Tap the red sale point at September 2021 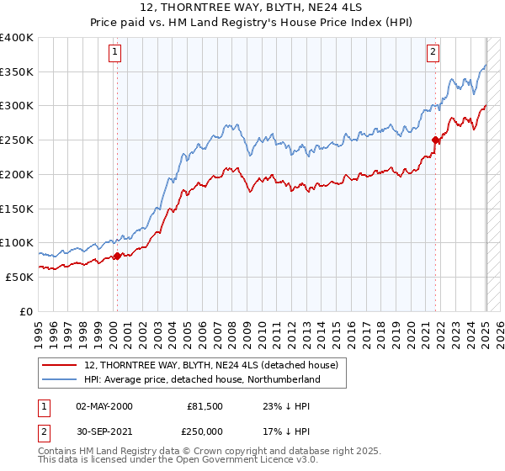[x=435, y=140]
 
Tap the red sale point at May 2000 [x=117, y=256]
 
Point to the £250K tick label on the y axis [x=17, y=140]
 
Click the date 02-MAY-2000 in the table [x=104, y=406]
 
